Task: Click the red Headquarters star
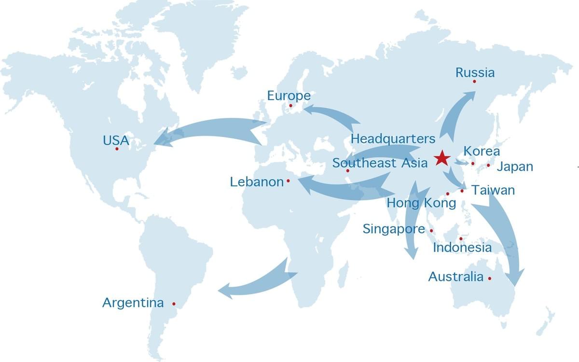tap(441, 158)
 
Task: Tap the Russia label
tap(475, 73)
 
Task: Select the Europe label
tap(289, 96)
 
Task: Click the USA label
tap(116, 140)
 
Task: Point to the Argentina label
tap(133, 303)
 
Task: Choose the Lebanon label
tap(257, 182)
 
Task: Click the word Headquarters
tap(393, 139)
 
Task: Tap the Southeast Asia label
tap(380, 163)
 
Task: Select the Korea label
tap(481, 151)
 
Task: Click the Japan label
tap(514, 167)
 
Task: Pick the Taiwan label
tap(493, 190)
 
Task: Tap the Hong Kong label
tap(421, 203)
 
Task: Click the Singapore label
tap(394, 229)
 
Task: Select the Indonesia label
tap(462, 248)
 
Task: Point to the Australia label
tap(455, 277)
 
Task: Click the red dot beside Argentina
tap(174, 304)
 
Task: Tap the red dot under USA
tap(117, 149)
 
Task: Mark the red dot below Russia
tap(474, 82)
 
